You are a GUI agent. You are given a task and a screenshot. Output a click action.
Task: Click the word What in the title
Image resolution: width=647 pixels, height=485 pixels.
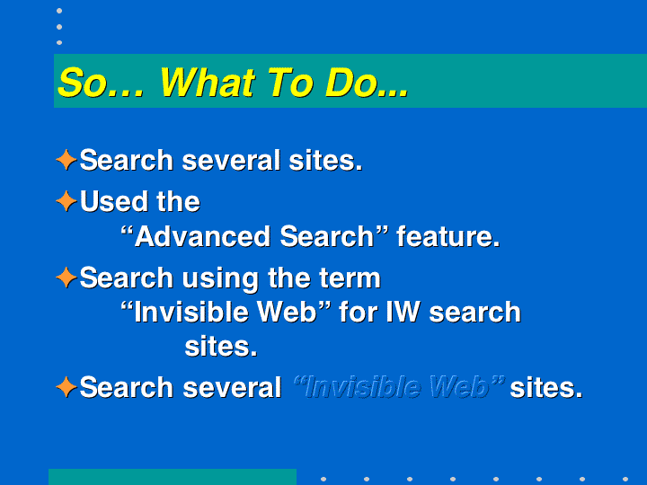pos(207,83)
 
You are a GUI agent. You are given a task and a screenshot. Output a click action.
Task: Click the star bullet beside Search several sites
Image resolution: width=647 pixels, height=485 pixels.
pos(66,160)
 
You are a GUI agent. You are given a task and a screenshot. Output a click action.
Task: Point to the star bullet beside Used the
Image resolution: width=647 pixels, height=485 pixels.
pos(66,201)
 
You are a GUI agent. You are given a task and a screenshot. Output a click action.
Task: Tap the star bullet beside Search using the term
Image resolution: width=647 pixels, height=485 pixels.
pos(66,278)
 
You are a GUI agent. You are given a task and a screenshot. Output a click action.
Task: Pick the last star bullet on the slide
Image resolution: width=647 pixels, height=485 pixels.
pos(66,387)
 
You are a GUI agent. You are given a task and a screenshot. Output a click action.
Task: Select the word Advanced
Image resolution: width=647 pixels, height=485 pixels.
pos(202,236)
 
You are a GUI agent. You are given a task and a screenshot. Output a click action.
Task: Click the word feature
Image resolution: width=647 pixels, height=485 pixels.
pos(448,236)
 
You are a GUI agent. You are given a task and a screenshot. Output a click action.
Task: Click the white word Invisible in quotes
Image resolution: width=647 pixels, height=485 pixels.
pos(191,312)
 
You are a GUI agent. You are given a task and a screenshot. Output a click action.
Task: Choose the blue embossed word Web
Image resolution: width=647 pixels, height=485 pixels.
pos(459,387)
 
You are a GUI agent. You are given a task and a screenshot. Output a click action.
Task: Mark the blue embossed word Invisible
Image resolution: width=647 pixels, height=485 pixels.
pos(362,387)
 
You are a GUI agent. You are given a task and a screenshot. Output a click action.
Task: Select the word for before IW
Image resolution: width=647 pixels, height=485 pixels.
pos(359,312)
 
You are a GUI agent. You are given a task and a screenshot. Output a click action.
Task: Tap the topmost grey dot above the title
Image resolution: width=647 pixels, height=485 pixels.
pos(59,11)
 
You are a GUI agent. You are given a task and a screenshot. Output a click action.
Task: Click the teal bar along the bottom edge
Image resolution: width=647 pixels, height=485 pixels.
pos(173,477)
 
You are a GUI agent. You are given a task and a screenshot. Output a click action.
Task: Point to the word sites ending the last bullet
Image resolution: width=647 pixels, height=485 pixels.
pos(546,388)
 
